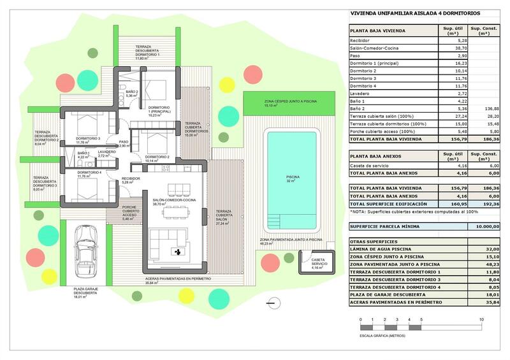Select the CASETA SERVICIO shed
pos(314,265)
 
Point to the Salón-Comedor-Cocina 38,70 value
pos(447,48)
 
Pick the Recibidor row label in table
pos(360,40)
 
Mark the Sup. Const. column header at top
pos(484,30)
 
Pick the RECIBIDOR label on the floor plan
pos(131,180)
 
